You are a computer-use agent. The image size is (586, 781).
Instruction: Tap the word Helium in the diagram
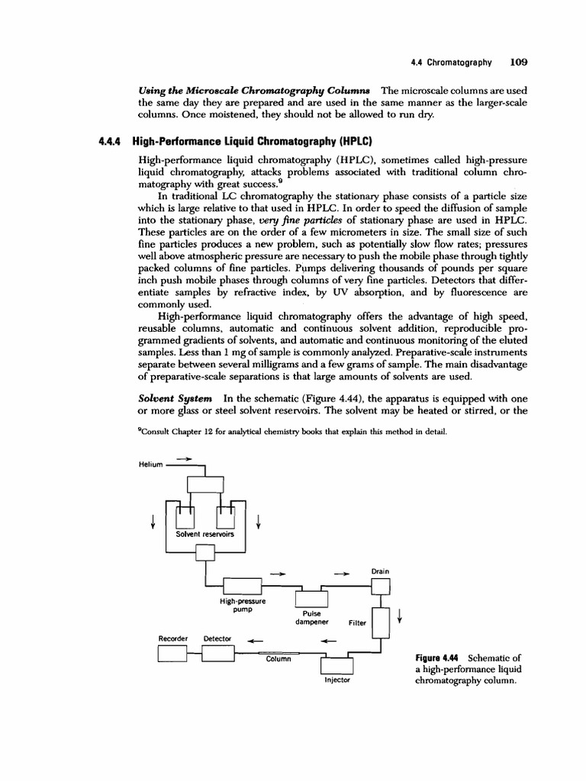[151, 464]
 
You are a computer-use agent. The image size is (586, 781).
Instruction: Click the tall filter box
[380, 621]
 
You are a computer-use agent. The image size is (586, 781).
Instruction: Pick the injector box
[336, 664]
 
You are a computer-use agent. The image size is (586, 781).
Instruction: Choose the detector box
[217, 654]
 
